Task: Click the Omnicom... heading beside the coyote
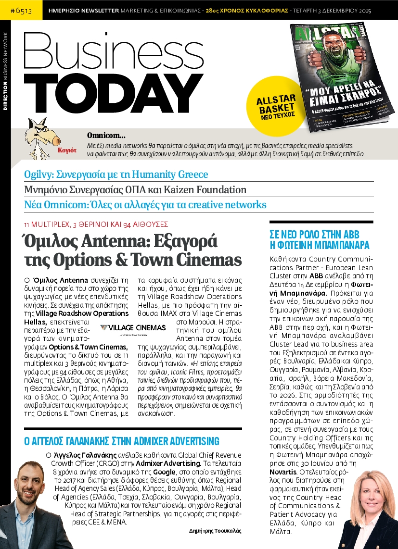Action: pos(106,136)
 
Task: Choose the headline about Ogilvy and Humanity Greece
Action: pos(116,175)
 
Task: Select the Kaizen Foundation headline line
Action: pos(135,189)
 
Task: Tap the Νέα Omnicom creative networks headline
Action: pos(145,204)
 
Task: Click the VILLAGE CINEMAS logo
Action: pos(133,328)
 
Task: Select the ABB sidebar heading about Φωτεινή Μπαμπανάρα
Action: pos(320,239)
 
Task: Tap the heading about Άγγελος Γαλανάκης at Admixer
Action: pos(121,441)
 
